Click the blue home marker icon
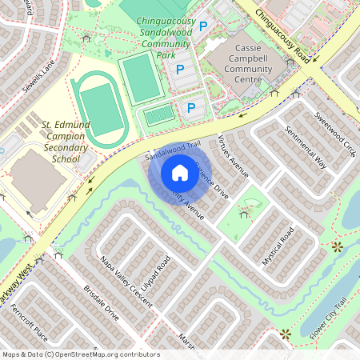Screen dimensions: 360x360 (180, 172)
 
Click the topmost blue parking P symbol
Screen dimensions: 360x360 (202, 27)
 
